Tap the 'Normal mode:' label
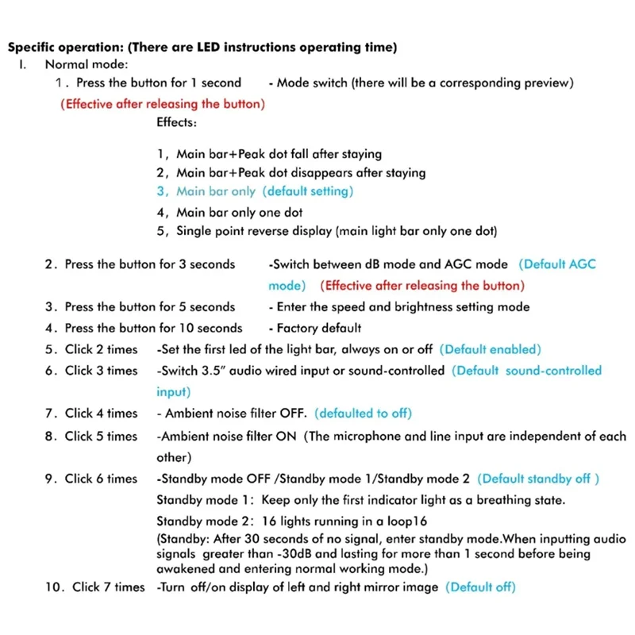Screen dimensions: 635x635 pos(86,65)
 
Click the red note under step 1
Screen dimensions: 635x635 pos(163,104)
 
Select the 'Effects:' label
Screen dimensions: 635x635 pos(176,123)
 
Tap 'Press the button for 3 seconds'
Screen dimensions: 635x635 pos(149,264)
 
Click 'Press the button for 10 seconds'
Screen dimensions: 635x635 pos(153,328)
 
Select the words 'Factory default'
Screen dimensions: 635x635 pos(318,328)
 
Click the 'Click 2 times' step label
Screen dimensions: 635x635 pos(101,349)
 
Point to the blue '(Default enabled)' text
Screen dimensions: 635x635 pos(490,349)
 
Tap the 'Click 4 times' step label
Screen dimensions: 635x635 pos(101,413)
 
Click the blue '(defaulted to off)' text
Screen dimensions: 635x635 pos(364,413)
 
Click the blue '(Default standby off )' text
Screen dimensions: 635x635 pos(539,479)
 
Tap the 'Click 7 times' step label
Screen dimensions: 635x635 pos(108,587)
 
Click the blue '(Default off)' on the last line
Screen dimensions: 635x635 pos(480,587)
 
